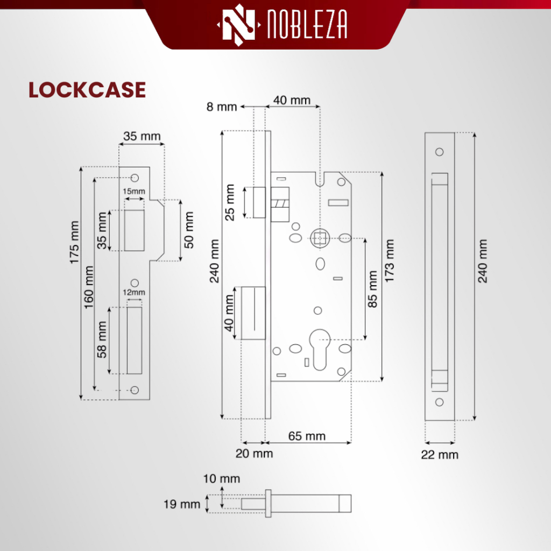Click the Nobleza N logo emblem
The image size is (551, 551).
coord(239,25)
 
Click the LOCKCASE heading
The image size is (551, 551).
coord(87,90)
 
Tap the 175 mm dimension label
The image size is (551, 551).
coord(74,243)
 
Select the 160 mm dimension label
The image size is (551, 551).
coord(89,287)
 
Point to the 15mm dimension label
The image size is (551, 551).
coord(134,192)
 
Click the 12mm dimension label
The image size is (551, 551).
coord(134,292)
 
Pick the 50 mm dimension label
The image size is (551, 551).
coord(189,230)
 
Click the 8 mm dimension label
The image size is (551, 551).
coord(222,107)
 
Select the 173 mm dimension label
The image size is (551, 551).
coord(390,261)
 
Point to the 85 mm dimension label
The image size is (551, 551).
coord(372,289)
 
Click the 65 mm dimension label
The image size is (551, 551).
coord(307,436)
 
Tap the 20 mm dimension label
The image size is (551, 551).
coord(254,454)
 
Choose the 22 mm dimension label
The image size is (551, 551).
coord(440,455)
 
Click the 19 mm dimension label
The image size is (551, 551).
coord(182,504)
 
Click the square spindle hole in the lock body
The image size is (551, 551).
coord(320,238)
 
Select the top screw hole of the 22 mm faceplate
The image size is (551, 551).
coord(439,152)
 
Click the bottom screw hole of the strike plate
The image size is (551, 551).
coord(135,390)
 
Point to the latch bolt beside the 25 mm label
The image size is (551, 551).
coord(259,202)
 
